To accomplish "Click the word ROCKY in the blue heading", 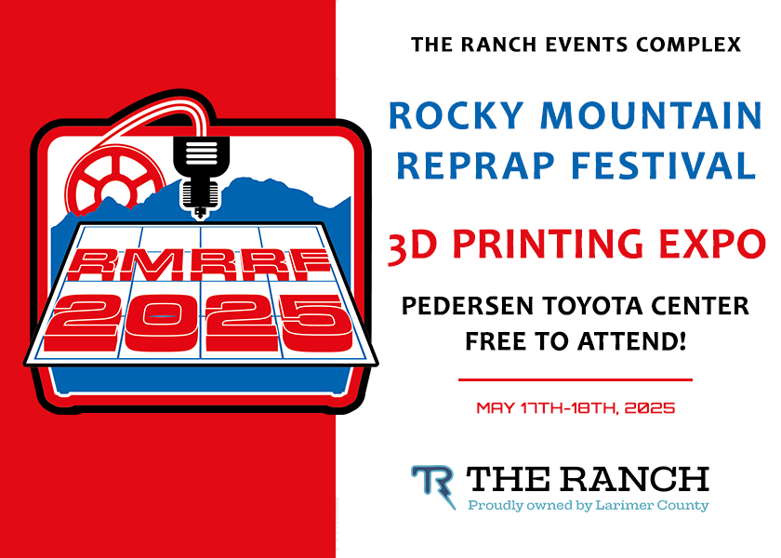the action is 456,115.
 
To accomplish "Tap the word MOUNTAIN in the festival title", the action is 651,115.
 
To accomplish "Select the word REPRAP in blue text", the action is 476,165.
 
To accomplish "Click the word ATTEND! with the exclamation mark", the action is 631,341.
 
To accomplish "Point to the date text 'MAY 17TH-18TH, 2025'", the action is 576,408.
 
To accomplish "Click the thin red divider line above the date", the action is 576,379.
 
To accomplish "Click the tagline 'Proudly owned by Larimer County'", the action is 589,505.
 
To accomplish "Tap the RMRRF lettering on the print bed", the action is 198,264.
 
